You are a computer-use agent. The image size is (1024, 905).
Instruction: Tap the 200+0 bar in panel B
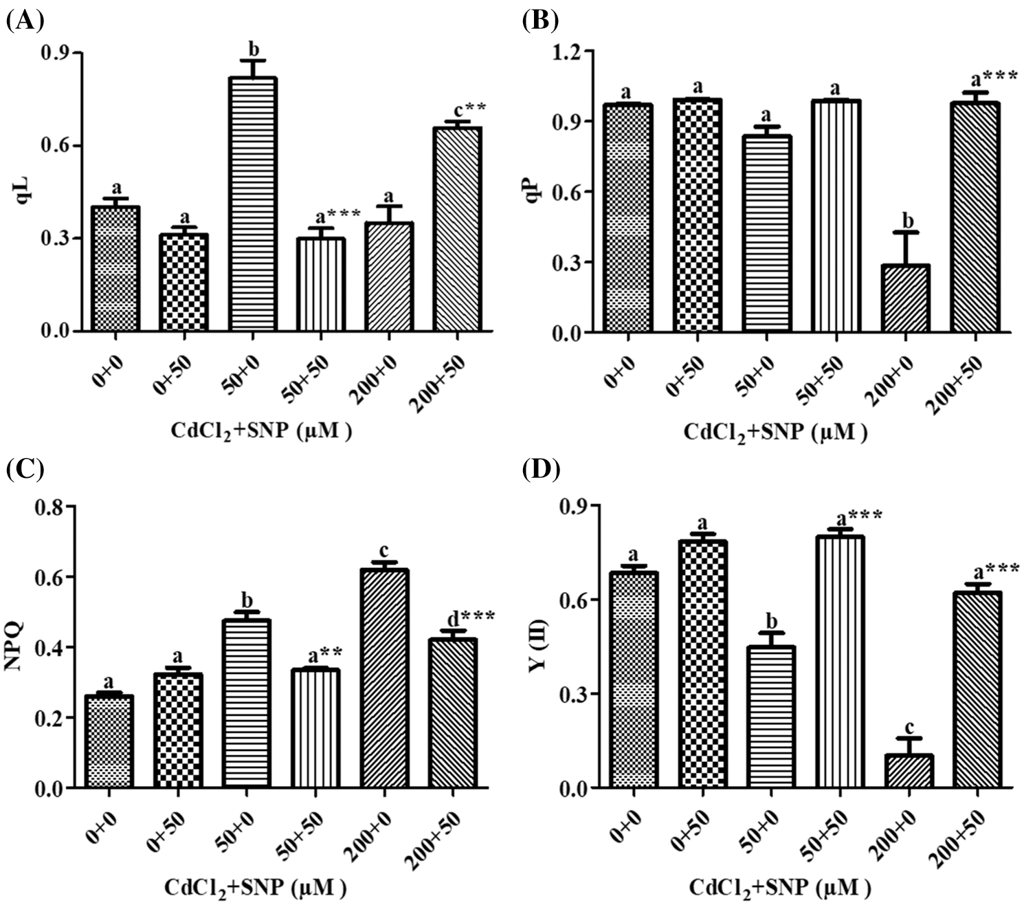click(906, 298)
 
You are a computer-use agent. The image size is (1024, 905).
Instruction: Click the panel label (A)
click(25, 21)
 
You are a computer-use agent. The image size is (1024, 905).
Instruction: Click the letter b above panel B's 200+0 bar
click(907, 221)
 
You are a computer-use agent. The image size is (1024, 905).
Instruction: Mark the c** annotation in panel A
click(470, 109)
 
